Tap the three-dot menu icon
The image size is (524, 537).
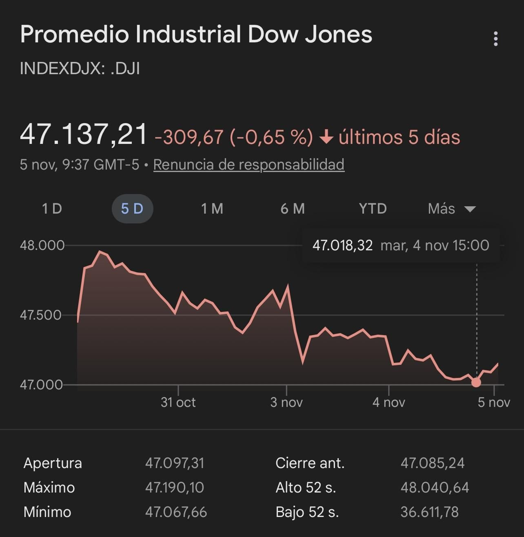pyautogui.click(x=496, y=39)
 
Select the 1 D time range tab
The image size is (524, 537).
pyautogui.click(x=52, y=209)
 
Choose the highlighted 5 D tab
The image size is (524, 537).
pyautogui.click(x=132, y=209)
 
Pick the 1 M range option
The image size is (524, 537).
pyautogui.click(x=212, y=209)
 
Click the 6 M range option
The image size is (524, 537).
pyautogui.click(x=292, y=209)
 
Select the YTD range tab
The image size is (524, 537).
pyautogui.click(x=373, y=209)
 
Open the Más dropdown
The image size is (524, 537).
pyautogui.click(x=451, y=209)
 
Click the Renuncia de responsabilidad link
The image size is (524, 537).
pyautogui.click(x=249, y=165)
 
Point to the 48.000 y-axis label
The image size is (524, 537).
pyautogui.click(x=42, y=245)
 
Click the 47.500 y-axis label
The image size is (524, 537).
pyautogui.click(x=41, y=315)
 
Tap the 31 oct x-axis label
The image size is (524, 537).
pyautogui.click(x=178, y=402)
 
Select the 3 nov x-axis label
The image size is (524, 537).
pyautogui.click(x=286, y=402)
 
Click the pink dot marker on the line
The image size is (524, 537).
pyautogui.click(x=476, y=382)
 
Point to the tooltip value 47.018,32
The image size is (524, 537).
pyautogui.click(x=342, y=245)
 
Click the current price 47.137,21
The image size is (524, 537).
pyautogui.click(x=84, y=134)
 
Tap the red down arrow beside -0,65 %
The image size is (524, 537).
pyautogui.click(x=326, y=137)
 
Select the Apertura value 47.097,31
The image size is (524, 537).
pyautogui.click(x=175, y=463)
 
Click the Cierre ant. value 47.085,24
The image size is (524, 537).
pyautogui.click(x=432, y=463)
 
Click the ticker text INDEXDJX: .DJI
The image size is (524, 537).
pyautogui.click(x=80, y=69)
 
